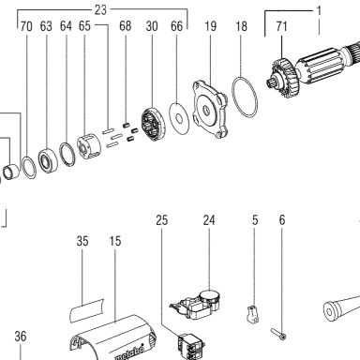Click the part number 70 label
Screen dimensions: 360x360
point(26,26)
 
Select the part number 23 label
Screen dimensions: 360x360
point(100,10)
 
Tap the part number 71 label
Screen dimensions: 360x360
point(281,26)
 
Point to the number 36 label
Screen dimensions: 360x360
point(21,337)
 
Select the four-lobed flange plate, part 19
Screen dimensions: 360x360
point(210,109)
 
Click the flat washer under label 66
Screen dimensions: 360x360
point(179,118)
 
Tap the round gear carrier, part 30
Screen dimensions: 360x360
point(153,125)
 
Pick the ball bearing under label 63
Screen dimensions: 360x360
point(48,160)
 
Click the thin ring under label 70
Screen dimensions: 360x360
point(23,166)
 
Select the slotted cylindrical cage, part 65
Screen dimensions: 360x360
point(89,146)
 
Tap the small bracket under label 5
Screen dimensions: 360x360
point(252,315)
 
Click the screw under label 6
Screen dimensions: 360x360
point(278,333)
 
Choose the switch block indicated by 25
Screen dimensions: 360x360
point(191,347)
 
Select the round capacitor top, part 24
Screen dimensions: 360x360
point(210,295)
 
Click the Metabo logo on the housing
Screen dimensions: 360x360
point(130,353)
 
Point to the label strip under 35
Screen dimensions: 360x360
point(86,310)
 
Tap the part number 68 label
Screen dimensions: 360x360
point(126,26)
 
